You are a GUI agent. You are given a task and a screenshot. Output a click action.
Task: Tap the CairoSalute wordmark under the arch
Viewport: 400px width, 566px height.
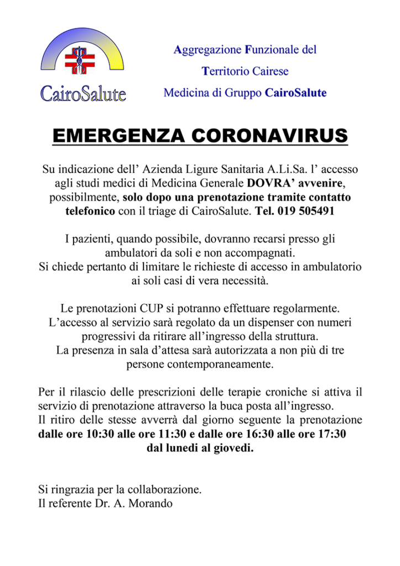click(83, 92)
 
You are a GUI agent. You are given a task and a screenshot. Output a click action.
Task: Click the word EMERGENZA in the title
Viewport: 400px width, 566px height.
click(118, 135)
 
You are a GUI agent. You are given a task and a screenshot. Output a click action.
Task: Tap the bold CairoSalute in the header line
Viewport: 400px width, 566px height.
click(296, 92)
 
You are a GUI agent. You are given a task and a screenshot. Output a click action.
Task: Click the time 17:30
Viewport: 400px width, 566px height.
click(330, 434)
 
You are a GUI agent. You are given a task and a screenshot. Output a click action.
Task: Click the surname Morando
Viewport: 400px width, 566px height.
click(151, 504)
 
